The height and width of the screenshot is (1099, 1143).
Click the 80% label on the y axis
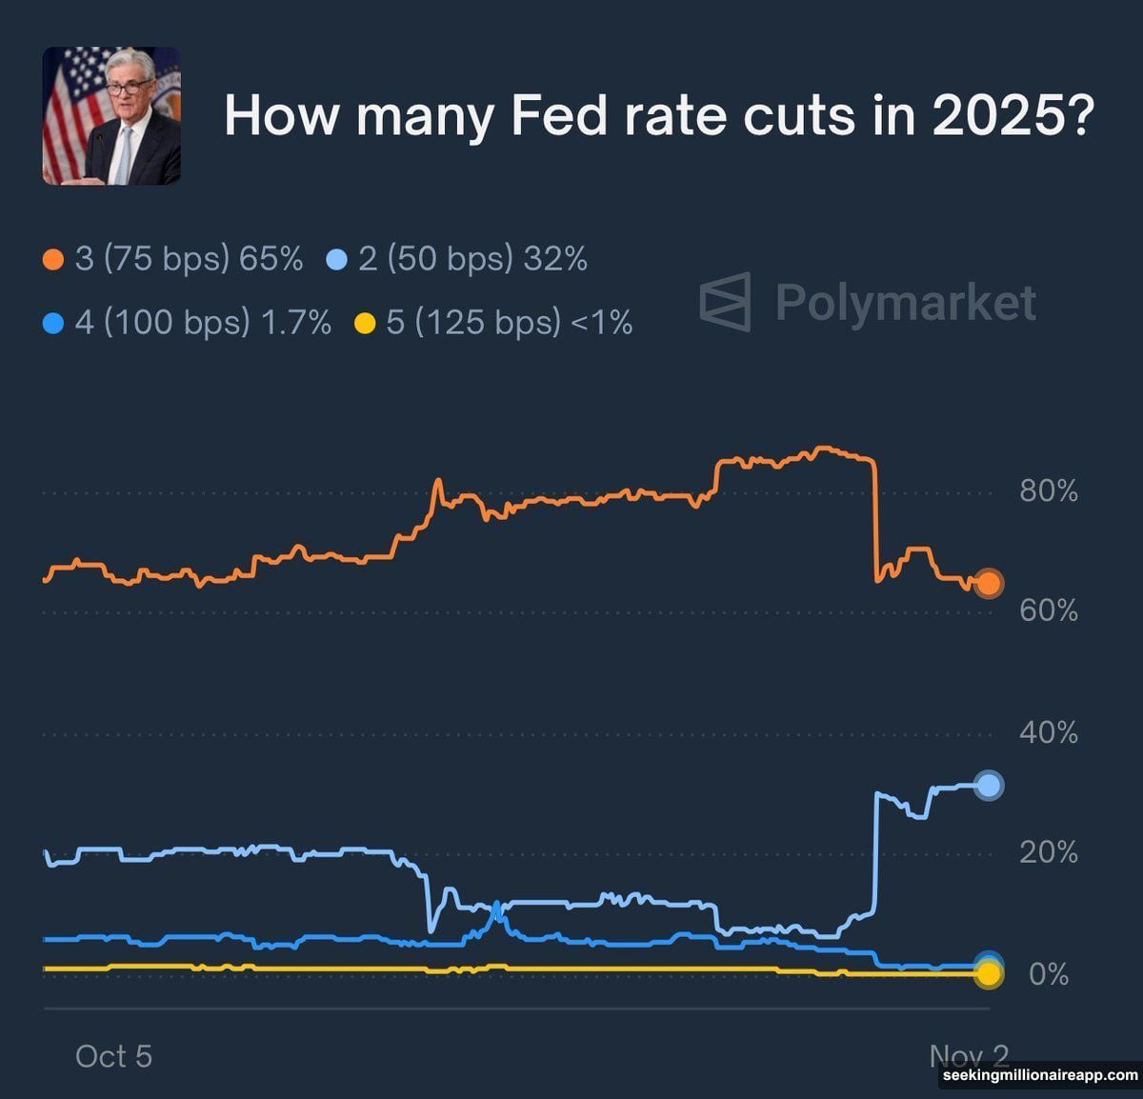click(1048, 491)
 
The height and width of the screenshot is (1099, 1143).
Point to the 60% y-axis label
click(1048, 610)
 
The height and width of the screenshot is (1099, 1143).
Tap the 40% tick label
click(1048, 733)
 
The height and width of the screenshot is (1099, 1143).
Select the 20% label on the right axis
click(1048, 852)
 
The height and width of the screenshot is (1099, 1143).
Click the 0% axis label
click(1049, 975)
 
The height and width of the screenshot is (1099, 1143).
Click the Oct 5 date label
click(113, 1056)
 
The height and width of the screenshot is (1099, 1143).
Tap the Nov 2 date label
click(968, 1055)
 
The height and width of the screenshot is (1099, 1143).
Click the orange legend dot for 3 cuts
click(53, 260)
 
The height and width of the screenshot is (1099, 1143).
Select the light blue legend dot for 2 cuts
click(337, 260)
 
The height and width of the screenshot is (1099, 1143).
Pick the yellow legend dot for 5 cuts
click(365, 324)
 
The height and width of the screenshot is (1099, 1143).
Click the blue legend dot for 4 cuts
click(53, 324)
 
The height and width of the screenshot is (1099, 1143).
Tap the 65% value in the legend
click(271, 259)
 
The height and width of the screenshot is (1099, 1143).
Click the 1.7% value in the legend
click(296, 323)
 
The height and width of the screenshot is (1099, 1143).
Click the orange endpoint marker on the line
click(989, 584)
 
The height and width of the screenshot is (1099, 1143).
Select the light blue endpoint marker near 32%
click(989, 785)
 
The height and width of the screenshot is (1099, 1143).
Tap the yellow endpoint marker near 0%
click(989, 974)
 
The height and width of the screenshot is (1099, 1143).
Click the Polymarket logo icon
click(726, 302)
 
